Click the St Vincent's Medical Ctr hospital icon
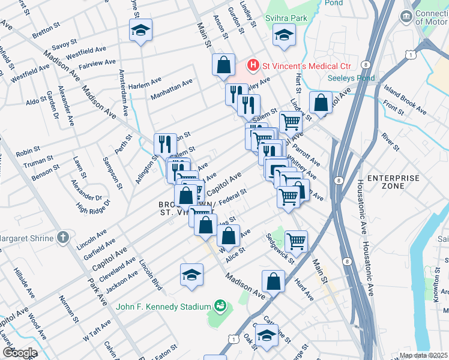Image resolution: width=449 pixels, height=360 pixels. click(253, 64)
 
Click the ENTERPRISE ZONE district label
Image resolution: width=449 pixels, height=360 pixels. click(393, 182)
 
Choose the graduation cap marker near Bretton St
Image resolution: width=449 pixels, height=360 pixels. click(140, 31)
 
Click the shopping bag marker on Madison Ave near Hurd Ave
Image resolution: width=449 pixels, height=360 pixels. click(273, 281)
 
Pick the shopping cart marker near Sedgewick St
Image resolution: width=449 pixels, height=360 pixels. click(297, 241)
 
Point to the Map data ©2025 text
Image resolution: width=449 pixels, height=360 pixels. click(423, 355)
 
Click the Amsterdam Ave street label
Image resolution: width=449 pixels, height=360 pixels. click(123, 93)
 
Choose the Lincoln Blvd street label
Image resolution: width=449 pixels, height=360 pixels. click(151, 275)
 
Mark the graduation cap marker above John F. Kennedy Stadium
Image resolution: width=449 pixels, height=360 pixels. click(191, 274)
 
